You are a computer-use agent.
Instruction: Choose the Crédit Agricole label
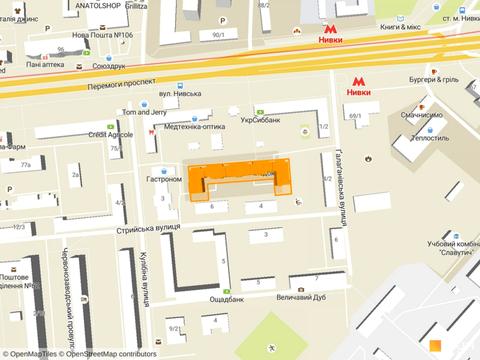pyautogui.click(x=110, y=134)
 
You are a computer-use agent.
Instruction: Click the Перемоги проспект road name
pyautogui.click(x=104, y=83)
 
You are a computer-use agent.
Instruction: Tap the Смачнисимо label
pyautogui.click(x=421, y=115)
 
